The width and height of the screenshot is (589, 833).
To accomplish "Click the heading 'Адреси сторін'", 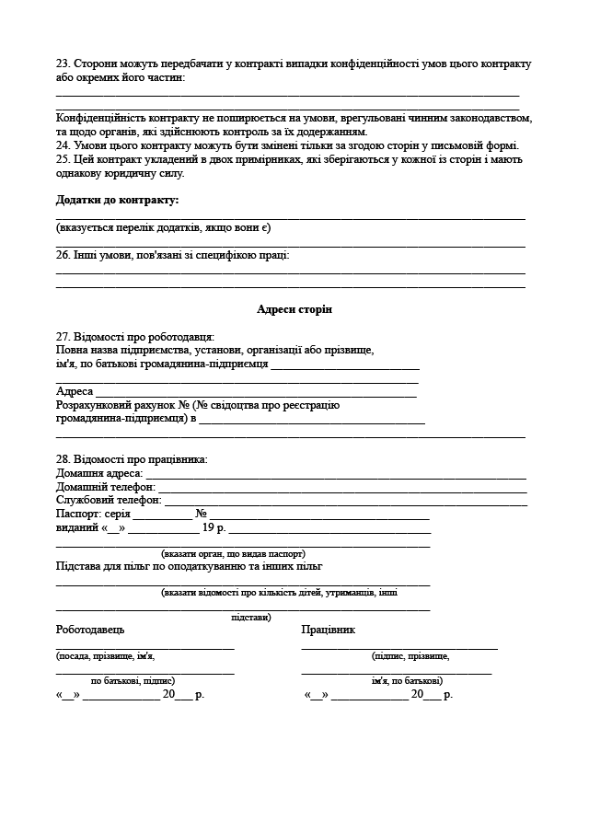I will coord(294,310).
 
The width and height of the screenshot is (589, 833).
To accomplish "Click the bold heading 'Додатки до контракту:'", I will coord(118,200).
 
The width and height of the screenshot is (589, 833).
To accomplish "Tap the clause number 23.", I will coord(63,64).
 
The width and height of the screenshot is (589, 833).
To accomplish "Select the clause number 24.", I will coord(63,145).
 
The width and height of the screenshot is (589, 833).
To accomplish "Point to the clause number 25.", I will coord(63,159).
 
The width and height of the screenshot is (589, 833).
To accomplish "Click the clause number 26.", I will coord(63,255).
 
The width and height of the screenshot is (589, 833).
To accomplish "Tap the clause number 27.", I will coord(63,337).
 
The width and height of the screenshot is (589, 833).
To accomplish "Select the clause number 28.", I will coord(63,459).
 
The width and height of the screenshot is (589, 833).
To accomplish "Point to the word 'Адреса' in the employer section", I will coord(75,391).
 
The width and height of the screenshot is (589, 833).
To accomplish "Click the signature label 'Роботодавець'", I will coord(90,630).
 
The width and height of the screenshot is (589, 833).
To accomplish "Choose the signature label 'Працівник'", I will coord(328,630).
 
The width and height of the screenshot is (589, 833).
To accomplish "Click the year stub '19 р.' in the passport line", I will coord(214,528).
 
